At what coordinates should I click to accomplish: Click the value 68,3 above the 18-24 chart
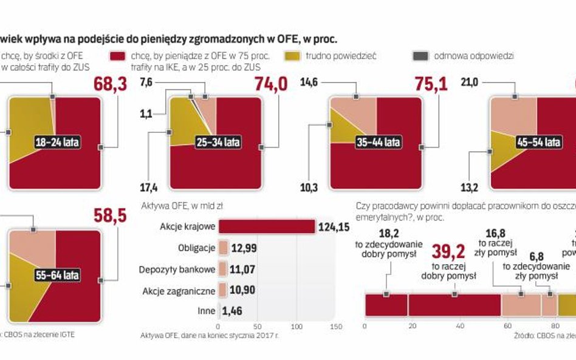point(109,84)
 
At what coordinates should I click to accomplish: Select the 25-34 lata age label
point(216,143)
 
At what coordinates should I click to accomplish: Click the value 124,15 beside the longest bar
point(334,228)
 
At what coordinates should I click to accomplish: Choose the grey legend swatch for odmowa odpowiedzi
point(419,56)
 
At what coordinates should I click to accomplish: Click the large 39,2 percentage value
point(449,250)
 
